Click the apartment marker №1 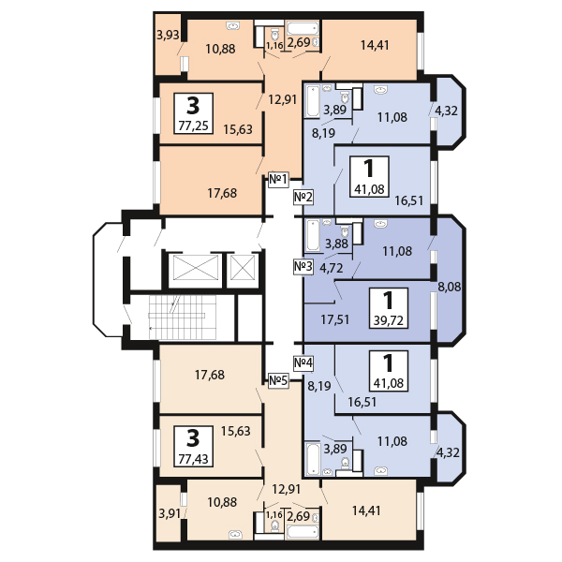point(277,179)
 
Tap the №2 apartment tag point(303,197)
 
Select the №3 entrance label point(303,267)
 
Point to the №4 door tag point(303,362)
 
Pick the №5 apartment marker point(277,380)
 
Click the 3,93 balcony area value point(169,36)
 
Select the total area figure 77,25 point(193,123)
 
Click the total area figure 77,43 point(193,459)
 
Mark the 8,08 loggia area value point(451,287)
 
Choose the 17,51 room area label point(335,319)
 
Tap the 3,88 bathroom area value point(335,244)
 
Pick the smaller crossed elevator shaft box point(243,270)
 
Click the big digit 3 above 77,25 point(193,102)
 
